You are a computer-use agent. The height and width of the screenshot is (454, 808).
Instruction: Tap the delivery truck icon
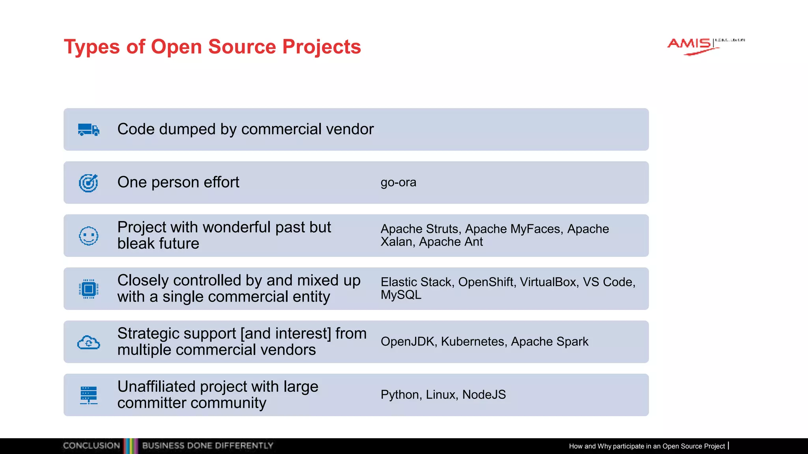[x=89, y=130]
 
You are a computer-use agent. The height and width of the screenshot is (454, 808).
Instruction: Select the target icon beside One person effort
[x=88, y=183]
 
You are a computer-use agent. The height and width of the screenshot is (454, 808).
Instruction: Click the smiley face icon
[x=88, y=236]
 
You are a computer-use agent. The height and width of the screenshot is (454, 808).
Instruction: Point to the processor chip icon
[x=88, y=289]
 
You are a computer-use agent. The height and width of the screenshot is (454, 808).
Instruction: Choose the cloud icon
[x=88, y=342]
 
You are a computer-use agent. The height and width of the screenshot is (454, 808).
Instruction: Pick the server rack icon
[x=88, y=395]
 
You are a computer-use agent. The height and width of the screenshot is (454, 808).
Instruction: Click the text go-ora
[x=398, y=182]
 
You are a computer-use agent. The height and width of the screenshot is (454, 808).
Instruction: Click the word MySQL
[x=401, y=295]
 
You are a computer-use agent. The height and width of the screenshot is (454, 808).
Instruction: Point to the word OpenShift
[x=486, y=282]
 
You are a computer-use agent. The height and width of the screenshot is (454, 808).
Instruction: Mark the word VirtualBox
[x=548, y=282]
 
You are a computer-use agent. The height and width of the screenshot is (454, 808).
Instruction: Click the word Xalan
[x=397, y=242]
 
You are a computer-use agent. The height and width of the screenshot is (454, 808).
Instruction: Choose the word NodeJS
[x=484, y=394]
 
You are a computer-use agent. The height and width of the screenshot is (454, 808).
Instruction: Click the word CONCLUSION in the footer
[x=92, y=446]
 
